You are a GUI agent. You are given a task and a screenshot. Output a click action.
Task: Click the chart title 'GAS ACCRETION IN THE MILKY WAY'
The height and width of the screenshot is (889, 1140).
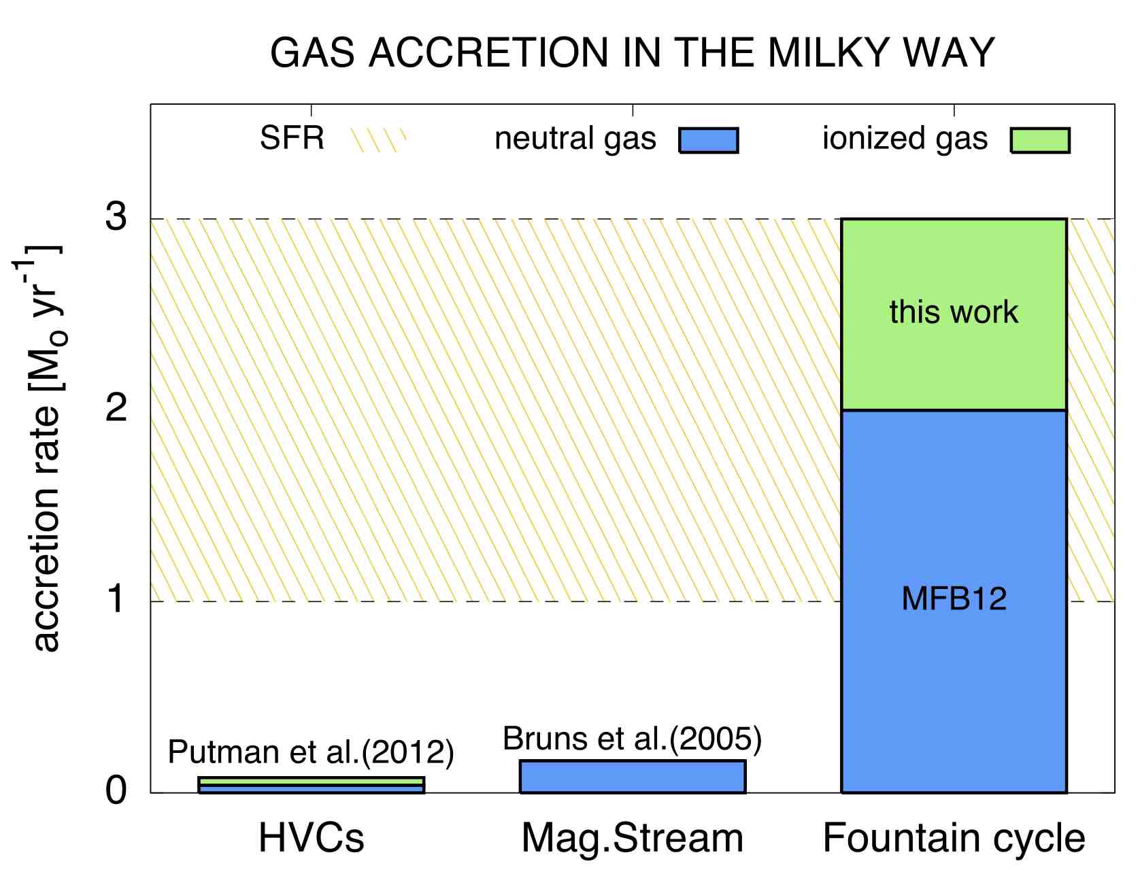pos(633,52)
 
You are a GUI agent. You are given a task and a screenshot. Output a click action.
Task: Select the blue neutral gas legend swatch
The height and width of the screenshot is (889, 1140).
pos(708,140)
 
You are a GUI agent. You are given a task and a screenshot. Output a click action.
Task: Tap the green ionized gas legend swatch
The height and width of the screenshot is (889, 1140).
pos(1040,140)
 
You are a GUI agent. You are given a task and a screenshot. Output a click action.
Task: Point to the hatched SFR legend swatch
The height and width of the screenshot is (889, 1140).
pos(378,140)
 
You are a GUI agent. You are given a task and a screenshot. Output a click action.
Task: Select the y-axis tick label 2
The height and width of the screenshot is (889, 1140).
pos(117,409)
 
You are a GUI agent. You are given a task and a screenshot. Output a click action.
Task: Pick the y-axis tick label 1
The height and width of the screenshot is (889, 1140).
pos(117,600)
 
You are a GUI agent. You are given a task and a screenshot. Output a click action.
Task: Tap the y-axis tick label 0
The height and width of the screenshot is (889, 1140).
pos(117,791)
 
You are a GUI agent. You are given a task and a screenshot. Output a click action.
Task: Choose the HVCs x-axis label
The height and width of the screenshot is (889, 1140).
pos(312,838)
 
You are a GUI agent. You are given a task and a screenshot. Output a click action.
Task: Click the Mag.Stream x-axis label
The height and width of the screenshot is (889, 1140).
pos(633,839)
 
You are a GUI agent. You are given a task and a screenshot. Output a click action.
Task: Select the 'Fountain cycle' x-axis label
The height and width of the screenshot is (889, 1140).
pos(954,839)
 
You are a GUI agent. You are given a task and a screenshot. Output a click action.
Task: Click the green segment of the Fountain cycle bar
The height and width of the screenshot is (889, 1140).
pos(954,314)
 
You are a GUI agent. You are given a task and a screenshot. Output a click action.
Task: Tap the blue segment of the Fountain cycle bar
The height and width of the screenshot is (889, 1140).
pos(954,601)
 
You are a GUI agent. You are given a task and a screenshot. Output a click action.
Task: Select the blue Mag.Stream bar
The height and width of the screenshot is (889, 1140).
pos(633,777)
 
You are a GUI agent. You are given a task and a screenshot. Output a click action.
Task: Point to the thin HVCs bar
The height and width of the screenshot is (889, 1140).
pos(312,785)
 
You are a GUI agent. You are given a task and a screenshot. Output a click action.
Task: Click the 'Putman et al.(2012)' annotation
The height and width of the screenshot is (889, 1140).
pos(311,752)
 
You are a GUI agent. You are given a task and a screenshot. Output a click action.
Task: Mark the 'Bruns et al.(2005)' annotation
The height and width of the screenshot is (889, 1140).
pos(633,739)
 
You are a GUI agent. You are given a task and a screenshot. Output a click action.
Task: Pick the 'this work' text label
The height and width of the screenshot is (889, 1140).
pos(954,312)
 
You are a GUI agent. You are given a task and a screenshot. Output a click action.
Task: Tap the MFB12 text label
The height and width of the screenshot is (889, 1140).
pos(954,599)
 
